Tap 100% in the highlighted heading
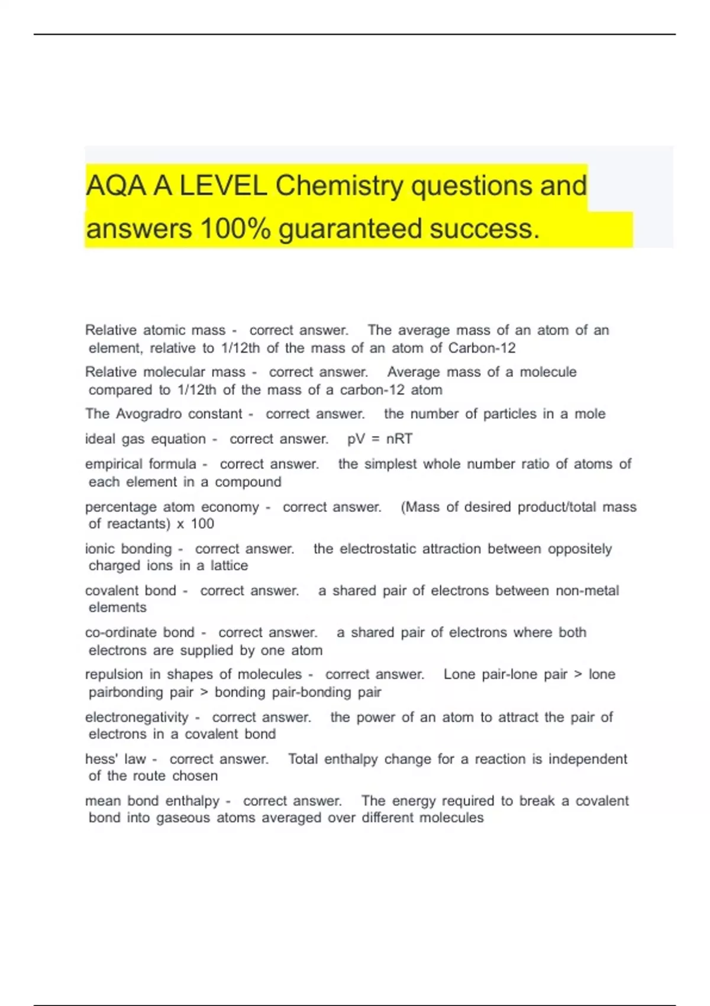click(x=235, y=229)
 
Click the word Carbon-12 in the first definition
click(x=482, y=348)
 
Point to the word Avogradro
click(x=149, y=414)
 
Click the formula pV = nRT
click(x=380, y=439)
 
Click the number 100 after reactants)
click(x=202, y=524)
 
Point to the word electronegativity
click(x=136, y=717)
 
